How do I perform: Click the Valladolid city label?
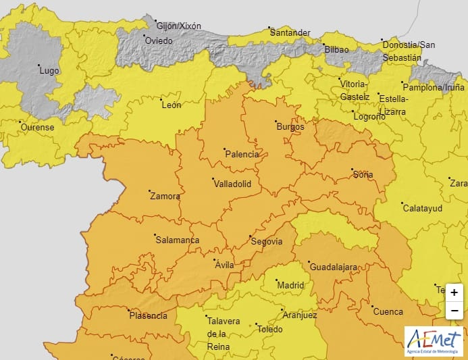coord(232,184)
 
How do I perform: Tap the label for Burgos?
coord(290,126)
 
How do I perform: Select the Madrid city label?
coord(291,285)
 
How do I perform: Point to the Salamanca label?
coord(177,240)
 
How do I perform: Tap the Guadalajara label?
coord(333,267)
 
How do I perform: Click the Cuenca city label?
coord(388,312)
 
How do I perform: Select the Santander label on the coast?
coord(290,32)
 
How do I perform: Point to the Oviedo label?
coord(159,41)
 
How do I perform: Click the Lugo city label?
coord(49,70)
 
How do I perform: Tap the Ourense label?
coord(37,127)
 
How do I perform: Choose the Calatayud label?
coord(422,208)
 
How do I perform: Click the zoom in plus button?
coord(454,292)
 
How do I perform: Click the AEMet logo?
coord(434,341)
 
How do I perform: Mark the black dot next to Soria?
coord(352,169)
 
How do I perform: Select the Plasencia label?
coord(148,315)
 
